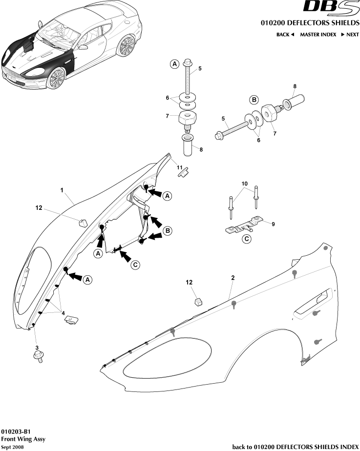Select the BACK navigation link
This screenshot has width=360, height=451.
pos(285,35)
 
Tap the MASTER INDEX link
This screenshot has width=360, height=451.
pos(318,35)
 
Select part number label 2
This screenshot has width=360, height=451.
pos(233,277)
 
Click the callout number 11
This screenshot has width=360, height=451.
pos(180,167)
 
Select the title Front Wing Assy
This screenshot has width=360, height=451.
pos(22,439)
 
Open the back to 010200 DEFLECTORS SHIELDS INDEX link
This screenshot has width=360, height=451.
pos(295,446)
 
